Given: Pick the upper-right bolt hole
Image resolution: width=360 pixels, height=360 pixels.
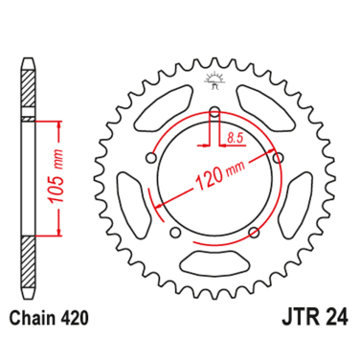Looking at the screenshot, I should (x=279, y=158).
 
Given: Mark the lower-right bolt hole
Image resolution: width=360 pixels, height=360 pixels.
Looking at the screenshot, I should (x=254, y=233).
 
